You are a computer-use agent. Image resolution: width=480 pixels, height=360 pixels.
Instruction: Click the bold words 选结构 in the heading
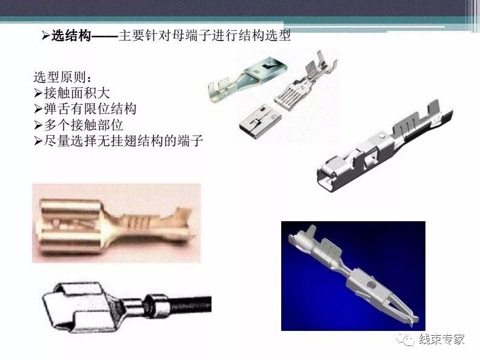pyautogui.click(x=72, y=36)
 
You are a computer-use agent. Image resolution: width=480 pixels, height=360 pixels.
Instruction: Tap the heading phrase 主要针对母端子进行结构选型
pyautogui.click(x=204, y=36)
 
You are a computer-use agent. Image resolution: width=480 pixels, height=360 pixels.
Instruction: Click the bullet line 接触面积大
pyautogui.click(x=77, y=93)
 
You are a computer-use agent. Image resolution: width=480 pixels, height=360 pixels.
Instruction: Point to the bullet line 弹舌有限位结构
pyautogui.click(x=90, y=109)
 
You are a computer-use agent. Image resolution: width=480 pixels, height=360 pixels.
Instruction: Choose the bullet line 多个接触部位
pyautogui.click(x=84, y=125)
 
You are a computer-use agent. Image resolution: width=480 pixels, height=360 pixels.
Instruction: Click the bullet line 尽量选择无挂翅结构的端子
pyautogui.click(x=124, y=141)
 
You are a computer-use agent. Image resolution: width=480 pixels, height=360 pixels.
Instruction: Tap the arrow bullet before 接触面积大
pyautogui.click(x=38, y=93)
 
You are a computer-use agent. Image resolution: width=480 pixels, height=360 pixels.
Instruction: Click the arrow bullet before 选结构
pyautogui.click(x=45, y=36)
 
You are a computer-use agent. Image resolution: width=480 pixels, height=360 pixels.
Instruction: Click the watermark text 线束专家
pyautogui.click(x=442, y=339)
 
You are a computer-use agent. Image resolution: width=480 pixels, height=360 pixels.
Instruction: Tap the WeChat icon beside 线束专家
pyautogui.click(x=405, y=339)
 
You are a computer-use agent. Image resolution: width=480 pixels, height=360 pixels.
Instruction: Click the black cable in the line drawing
pyautogui.click(x=190, y=304)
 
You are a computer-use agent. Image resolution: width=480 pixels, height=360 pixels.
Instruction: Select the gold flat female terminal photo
pyautogui.click(x=116, y=224)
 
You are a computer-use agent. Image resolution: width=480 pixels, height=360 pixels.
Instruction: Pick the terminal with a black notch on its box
pyautogui.click(x=248, y=79)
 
